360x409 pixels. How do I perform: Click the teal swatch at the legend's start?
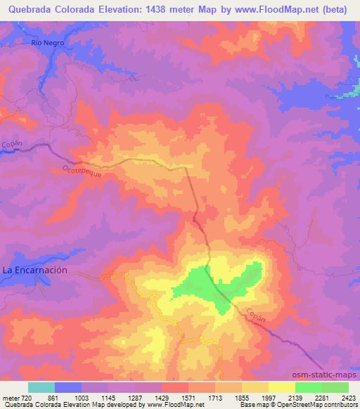point(41,388)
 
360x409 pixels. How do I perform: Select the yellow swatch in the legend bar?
point(282,388)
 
